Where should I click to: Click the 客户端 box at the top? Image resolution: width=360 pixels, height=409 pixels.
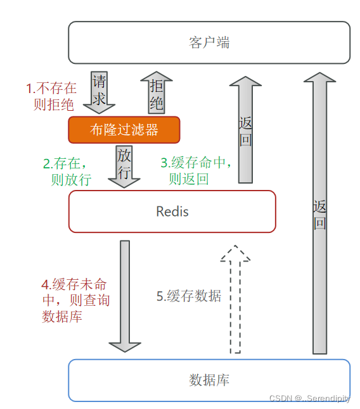(x=209, y=42)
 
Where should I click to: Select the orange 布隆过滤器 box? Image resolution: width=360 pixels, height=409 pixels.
(x=124, y=130)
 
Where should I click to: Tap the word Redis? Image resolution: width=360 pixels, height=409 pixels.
(x=172, y=211)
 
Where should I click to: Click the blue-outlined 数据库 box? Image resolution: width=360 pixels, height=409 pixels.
(x=209, y=380)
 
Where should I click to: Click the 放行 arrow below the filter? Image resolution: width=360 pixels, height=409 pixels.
(x=124, y=165)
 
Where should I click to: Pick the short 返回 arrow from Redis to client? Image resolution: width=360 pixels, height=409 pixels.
(x=245, y=130)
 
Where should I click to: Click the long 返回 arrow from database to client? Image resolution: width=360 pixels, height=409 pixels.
(x=320, y=215)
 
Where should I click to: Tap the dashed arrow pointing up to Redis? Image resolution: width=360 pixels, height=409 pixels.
(x=235, y=301)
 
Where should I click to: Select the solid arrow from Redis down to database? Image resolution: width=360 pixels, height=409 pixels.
(x=125, y=294)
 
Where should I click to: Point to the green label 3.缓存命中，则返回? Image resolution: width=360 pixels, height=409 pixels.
(x=197, y=170)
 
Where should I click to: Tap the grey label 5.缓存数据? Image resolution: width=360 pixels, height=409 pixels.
(x=189, y=296)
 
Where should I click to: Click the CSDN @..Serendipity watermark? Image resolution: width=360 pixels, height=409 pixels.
(x=310, y=398)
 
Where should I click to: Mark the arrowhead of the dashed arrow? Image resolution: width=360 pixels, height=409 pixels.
(x=235, y=253)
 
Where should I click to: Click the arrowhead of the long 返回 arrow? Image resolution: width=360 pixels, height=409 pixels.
(x=320, y=78)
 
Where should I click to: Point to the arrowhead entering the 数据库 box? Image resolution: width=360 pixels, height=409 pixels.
(x=125, y=346)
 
